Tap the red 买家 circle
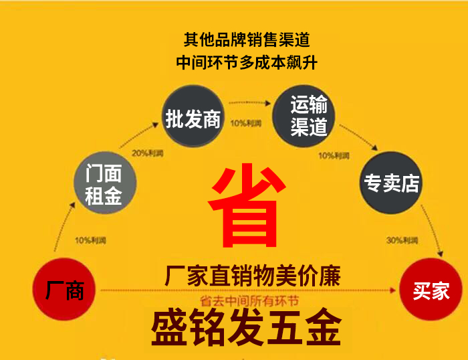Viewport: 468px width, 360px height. tap(431, 291)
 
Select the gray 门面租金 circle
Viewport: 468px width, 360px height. tap(104, 183)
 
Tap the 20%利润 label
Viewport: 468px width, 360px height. tap(146, 153)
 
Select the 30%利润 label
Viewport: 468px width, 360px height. tap(402, 240)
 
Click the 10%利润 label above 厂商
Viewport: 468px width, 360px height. tap(91, 240)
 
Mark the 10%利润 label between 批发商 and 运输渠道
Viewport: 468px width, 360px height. tap(246, 123)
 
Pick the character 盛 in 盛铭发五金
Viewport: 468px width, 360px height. tap(170, 328)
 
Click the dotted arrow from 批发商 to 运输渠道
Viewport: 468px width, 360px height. tap(249, 104)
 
